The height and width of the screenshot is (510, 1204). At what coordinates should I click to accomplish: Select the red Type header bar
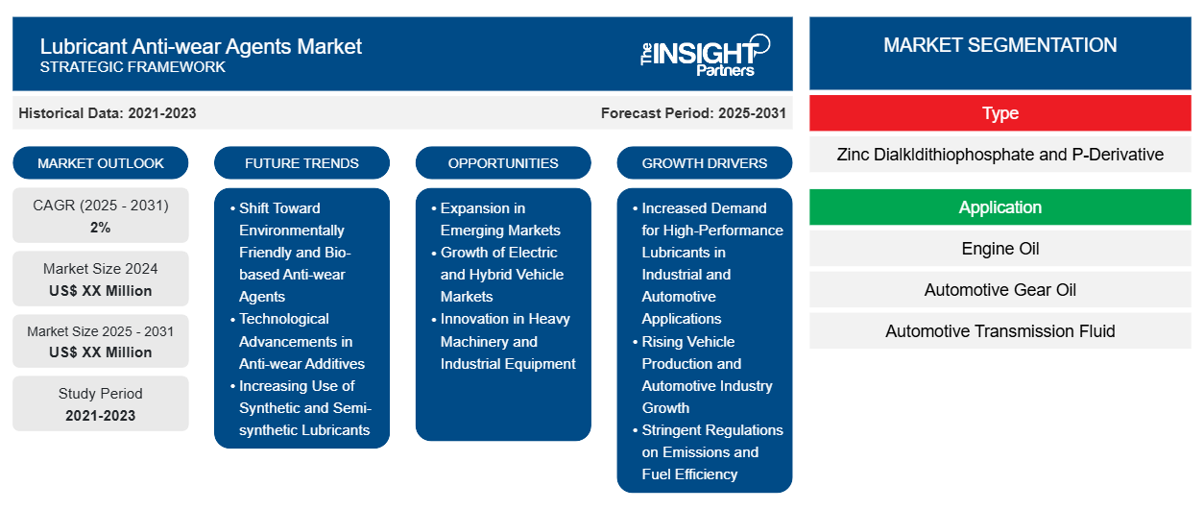[999, 113]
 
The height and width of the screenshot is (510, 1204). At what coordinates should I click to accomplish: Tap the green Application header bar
[999, 207]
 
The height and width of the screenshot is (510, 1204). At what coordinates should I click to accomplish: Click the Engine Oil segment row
[999, 249]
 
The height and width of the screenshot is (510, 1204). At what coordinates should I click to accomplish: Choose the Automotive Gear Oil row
[999, 290]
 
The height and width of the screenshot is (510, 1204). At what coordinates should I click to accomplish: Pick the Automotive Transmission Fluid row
[999, 331]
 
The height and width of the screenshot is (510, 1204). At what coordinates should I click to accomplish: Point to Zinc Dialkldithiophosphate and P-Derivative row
[999, 155]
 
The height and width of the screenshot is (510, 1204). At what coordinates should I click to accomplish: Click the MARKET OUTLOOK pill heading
[101, 163]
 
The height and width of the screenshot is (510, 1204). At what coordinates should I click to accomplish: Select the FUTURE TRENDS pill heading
[301, 163]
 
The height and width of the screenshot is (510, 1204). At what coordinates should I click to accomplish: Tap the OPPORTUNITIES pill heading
[503, 163]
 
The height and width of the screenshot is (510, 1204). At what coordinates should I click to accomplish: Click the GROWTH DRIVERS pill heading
[705, 163]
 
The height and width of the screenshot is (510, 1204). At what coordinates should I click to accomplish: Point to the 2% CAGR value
[101, 228]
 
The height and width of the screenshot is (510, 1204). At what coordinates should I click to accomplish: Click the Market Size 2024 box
[101, 279]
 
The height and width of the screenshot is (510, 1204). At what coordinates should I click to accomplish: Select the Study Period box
[101, 404]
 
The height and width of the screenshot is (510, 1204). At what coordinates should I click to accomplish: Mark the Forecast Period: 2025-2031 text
[693, 113]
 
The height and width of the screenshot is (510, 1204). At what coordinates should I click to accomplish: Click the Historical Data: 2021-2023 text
[108, 113]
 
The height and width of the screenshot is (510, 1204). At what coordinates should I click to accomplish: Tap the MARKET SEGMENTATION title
[999, 45]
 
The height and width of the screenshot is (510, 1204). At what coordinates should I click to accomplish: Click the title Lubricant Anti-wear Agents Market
[201, 46]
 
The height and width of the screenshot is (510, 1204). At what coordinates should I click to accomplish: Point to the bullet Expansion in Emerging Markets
[499, 219]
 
